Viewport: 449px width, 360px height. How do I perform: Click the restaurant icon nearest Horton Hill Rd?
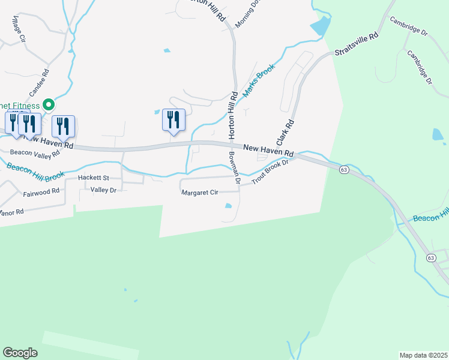tap(173, 119)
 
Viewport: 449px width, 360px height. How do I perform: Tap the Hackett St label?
tap(93, 178)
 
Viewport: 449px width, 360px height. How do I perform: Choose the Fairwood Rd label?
tap(41, 192)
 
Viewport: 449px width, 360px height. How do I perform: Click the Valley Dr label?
tap(103, 190)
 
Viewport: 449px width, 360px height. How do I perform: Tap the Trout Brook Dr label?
tap(270, 172)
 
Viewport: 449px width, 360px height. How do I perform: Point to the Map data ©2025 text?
tap(423, 355)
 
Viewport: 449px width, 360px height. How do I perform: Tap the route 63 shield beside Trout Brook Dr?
tap(343, 170)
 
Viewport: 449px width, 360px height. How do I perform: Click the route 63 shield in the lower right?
tap(431, 257)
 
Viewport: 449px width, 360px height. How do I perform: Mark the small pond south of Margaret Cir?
tap(228, 206)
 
